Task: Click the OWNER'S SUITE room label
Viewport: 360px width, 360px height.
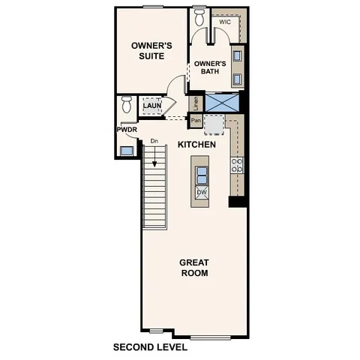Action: (152, 50)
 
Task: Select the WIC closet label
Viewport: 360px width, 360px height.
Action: (223, 22)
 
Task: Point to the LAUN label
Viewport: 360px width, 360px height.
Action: (152, 106)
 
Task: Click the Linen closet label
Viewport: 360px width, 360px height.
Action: (196, 103)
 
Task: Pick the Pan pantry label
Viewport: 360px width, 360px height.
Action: (196, 120)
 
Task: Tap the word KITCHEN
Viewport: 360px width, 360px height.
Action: (197, 144)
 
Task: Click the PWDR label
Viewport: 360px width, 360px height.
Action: (125, 130)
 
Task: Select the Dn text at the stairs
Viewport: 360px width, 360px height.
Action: (154, 140)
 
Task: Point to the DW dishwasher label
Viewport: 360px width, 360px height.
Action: (201, 193)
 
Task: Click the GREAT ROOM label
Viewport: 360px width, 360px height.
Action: (193, 268)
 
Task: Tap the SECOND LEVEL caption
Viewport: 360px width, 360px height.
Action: (150, 347)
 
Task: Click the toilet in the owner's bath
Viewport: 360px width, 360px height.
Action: (199, 16)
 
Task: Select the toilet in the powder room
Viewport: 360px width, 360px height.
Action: (127, 104)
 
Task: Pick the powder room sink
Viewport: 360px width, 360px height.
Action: (126, 150)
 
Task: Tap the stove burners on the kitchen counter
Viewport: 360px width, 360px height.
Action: (237, 165)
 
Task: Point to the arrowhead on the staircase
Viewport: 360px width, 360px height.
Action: (155, 168)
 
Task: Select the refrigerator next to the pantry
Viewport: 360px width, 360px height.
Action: (214, 123)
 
